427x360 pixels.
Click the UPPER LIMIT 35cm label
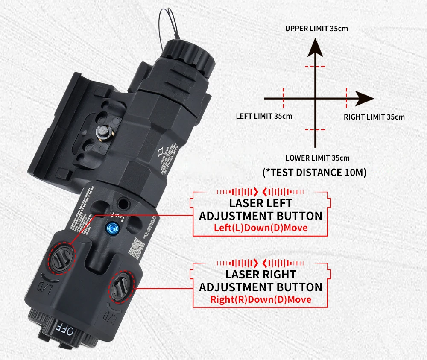(316, 29)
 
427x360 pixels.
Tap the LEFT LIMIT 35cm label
(264, 116)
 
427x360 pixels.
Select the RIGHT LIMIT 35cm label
(374, 117)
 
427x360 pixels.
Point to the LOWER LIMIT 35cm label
(317, 158)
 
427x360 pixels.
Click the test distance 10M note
(315, 173)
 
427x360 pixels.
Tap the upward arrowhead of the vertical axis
(315, 45)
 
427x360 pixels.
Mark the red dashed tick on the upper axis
(315, 67)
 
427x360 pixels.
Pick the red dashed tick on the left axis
(283, 98)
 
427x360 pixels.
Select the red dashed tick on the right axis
(346, 98)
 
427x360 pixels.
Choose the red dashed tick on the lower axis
(315, 129)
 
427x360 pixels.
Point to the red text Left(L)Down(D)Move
(260, 228)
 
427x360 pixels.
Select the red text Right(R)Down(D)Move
(260, 299)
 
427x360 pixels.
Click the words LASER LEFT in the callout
(260, 203)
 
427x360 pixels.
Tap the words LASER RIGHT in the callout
(260, 274)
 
